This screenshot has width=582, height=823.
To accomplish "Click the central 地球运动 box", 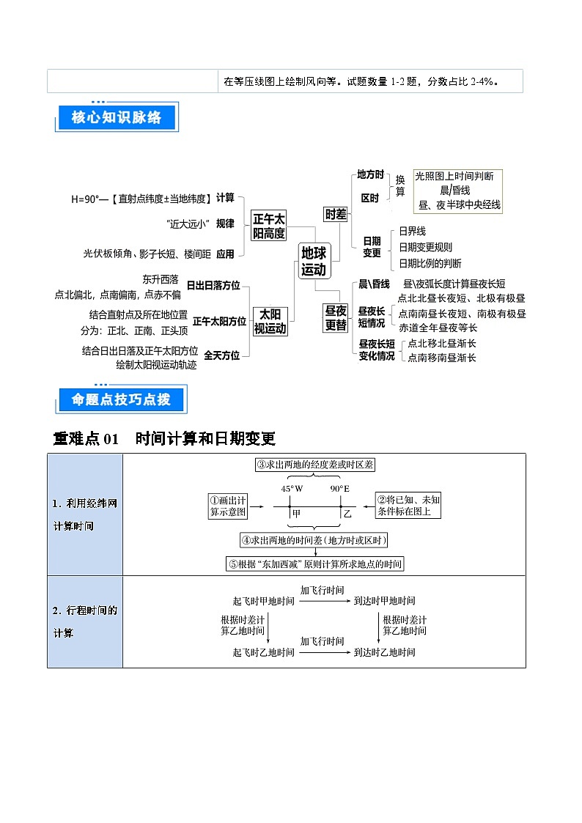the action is tap(313, 261).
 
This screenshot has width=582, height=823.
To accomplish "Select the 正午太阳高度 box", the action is tap(269, 226).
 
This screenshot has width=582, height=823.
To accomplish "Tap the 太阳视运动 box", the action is tap(270, 321).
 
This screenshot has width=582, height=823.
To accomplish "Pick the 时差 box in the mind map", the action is tap(336, 214).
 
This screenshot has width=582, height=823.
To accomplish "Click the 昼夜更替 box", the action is tap(336, 318).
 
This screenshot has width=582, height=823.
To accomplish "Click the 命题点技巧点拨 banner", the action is tap(121, 399).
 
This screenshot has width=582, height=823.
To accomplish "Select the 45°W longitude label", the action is tap(292, 489).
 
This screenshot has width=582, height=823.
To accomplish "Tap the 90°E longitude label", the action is tap(339, 489).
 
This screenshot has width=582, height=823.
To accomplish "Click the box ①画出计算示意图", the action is tap(228, 506).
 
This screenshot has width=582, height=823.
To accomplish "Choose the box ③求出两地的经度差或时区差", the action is tap(315, 465).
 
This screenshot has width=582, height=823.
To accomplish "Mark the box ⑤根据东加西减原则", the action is tap(315, 564).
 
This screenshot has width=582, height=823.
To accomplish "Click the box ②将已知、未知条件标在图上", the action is tap(409, 506).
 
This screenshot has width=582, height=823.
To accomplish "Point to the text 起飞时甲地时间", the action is tap(264, 601).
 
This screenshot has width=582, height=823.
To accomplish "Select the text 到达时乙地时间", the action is tap(384, 652).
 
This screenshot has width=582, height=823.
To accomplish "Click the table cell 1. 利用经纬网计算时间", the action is tap(85, 514).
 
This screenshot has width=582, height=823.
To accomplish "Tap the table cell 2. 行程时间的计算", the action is tap(85, 621).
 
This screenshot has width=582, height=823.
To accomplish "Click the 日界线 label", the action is tap(412, 231).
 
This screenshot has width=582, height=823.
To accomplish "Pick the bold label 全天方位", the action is tap(222, 355).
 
